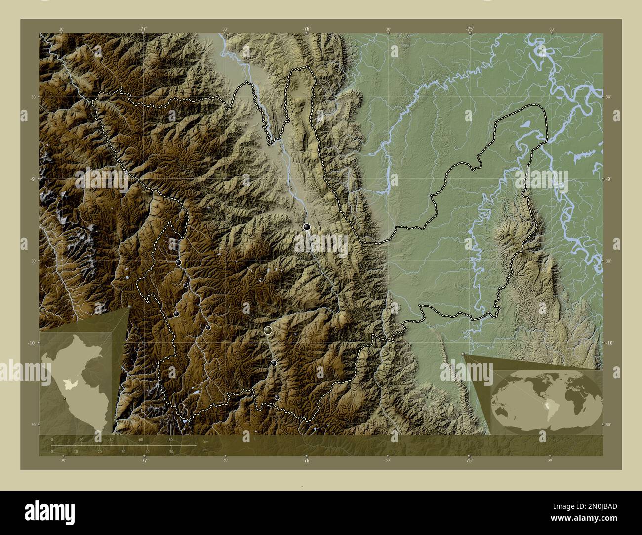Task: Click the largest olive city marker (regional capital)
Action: click(268, 330)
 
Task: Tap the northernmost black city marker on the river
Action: click(307, 227)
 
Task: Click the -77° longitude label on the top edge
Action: click(143, 29)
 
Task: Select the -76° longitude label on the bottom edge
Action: click(306, 460)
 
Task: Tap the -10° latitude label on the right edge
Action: click(610, 343)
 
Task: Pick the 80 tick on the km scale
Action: click(171, 439)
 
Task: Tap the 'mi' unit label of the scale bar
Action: click(205, 450)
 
